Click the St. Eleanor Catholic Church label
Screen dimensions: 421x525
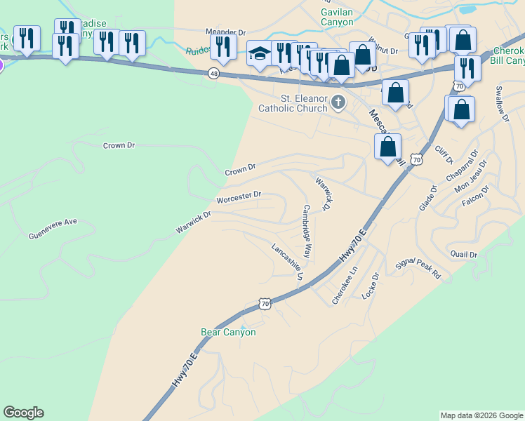coord(293,103)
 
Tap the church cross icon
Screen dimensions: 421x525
coord(338,103)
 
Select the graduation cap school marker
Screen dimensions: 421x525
coord(260,54)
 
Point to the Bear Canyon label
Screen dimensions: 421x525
coord(228,332)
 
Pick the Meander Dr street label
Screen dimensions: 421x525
coord(226,32)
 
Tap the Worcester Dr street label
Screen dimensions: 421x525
coord(239,198)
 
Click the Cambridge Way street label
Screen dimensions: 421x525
coord(307,231)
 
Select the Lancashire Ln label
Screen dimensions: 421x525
coord(287,261)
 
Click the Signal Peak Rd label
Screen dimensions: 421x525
coord(418,269)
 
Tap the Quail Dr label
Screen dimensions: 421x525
coord(464,254)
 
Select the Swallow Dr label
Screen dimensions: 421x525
coord(501,103)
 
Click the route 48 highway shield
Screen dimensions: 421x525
coord(213,73)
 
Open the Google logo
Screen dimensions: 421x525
coord(23,413)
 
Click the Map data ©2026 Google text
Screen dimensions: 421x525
coord(480,415)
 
